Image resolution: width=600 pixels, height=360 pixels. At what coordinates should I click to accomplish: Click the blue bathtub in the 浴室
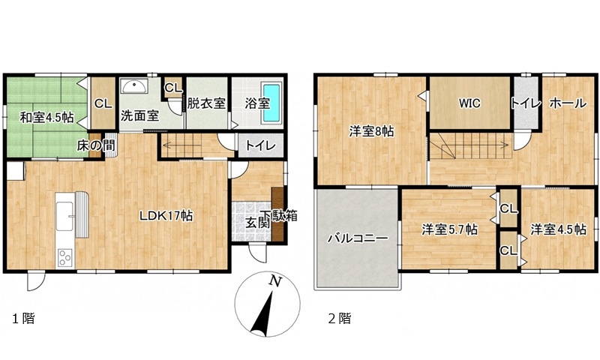[x=271, y=103]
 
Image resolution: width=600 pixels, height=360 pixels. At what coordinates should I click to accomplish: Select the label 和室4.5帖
[x=46, y=118]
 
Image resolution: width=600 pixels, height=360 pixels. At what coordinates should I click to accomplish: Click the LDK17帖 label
[x=166, y=216]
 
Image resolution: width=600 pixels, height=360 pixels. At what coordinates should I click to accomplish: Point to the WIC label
[x=469, y=103]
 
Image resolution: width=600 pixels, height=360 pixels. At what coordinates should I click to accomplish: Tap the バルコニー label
[x=358, y=238]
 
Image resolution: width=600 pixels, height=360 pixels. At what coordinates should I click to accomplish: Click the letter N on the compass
[x=274, y=281]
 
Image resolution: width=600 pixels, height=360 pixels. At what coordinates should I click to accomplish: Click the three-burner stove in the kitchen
[x=64, y=257]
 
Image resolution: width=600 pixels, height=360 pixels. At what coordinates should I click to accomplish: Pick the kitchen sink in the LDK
[x=64, y=216]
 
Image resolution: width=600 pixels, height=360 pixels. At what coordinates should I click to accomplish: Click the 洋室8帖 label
[x=371, y=131]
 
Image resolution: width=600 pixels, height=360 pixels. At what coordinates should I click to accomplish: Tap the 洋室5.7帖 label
[x=449, y=230]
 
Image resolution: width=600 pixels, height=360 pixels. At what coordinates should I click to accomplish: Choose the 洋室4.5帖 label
[x=558, y=229]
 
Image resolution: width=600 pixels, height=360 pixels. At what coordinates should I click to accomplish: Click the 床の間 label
[x=96, y=145]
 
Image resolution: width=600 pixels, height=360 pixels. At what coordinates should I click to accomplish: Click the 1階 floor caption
[x=24, y=318]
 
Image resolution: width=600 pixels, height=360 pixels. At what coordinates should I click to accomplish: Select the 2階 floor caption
[x=340, y=318]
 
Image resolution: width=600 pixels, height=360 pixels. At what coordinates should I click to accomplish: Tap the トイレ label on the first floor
[x=260, y=145]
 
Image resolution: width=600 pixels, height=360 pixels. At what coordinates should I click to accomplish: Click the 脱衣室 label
[x=206, y=103]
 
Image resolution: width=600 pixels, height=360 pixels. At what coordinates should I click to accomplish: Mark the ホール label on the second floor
[x=568, y=103]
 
